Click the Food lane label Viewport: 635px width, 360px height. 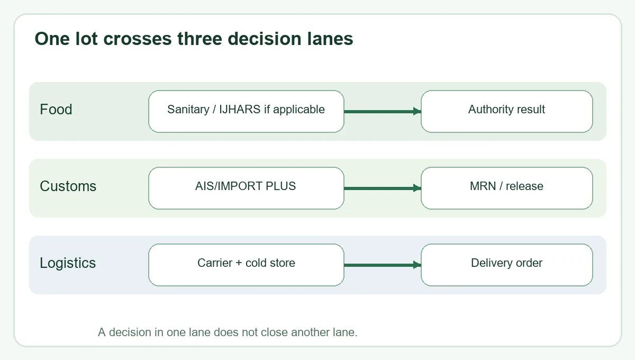click(x=56, y=110)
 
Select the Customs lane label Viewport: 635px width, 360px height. click(x=68, y=186)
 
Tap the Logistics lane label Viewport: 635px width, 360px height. click(x=68, y=263)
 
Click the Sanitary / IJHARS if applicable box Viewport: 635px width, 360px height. click(x=246, y=112)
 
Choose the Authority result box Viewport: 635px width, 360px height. click(x=506, y=112)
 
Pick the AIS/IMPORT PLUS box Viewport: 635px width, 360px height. click(x=246, y=188)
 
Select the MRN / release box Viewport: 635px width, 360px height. click(x=506, y=188)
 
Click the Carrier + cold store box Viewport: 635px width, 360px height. click(x=246, y=265)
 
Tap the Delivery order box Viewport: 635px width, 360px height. click(x=506, y=265)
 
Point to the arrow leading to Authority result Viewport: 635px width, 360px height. click(x=383, y=112)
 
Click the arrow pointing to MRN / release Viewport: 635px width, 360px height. click(x=383, y=188)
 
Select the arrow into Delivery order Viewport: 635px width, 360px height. click(x=383, y=265)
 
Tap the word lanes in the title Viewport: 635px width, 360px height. click(x=330, y=39)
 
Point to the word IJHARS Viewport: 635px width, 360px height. click(x=240, y=110)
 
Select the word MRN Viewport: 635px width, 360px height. click(x=483, y=186)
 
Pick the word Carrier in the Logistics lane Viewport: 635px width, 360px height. click(x=215, y=263)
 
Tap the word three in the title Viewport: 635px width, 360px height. click(x=199, y=39)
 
